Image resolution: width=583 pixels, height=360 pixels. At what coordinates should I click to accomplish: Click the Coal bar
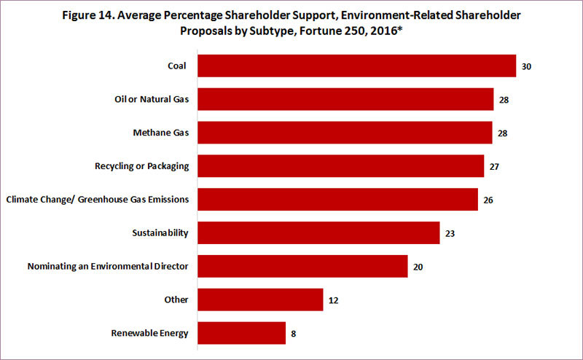(356, 66)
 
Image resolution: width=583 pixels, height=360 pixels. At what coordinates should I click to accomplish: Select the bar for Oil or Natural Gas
(345, 99)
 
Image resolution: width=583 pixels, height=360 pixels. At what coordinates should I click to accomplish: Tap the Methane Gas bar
(345, 133)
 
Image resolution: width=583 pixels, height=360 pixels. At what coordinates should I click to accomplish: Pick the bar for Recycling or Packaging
(340, 166)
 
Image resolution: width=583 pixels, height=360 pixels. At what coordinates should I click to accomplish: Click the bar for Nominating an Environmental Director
(302, 266)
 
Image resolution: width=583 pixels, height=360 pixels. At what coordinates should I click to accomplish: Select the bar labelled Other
(260, 300)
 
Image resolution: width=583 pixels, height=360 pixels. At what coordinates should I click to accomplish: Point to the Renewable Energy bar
(241, 333)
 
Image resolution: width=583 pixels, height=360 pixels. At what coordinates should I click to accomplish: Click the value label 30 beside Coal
(526, 66)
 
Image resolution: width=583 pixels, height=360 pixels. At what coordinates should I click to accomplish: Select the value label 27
(494, 167)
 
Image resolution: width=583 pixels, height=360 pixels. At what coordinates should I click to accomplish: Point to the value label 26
(488, 200)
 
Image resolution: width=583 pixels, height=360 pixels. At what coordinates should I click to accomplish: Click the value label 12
(333, 300)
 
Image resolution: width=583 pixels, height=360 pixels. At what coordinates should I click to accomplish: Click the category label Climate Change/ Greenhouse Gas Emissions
(97, 200)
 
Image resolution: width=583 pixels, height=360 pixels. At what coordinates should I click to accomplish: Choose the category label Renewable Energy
(150, 334)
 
